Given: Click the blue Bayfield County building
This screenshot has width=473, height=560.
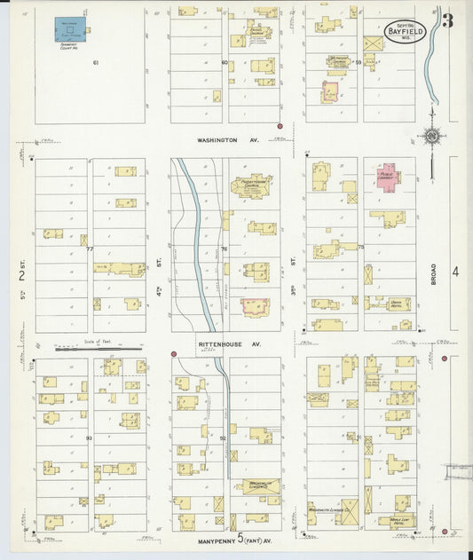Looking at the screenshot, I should (x=66, y=28).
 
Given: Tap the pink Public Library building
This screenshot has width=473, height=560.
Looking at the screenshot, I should (x=386, y=175).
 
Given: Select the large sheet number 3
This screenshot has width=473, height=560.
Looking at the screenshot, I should (x=447, y=20).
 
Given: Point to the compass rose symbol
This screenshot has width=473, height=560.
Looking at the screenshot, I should (x=431, y=137).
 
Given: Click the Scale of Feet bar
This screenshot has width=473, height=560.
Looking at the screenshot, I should (x=86, y=349).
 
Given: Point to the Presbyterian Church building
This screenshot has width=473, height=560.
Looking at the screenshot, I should (x=253, y=185).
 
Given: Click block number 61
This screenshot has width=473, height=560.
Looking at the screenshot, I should (x=95, y=63).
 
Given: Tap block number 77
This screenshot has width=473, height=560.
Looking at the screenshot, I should (x=90, y=249).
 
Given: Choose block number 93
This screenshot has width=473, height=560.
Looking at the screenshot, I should (x=89, y=438).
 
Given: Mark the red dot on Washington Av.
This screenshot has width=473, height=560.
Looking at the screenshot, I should (x=280, y=126).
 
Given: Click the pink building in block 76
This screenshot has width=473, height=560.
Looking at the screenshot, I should (x=255, y=307).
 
